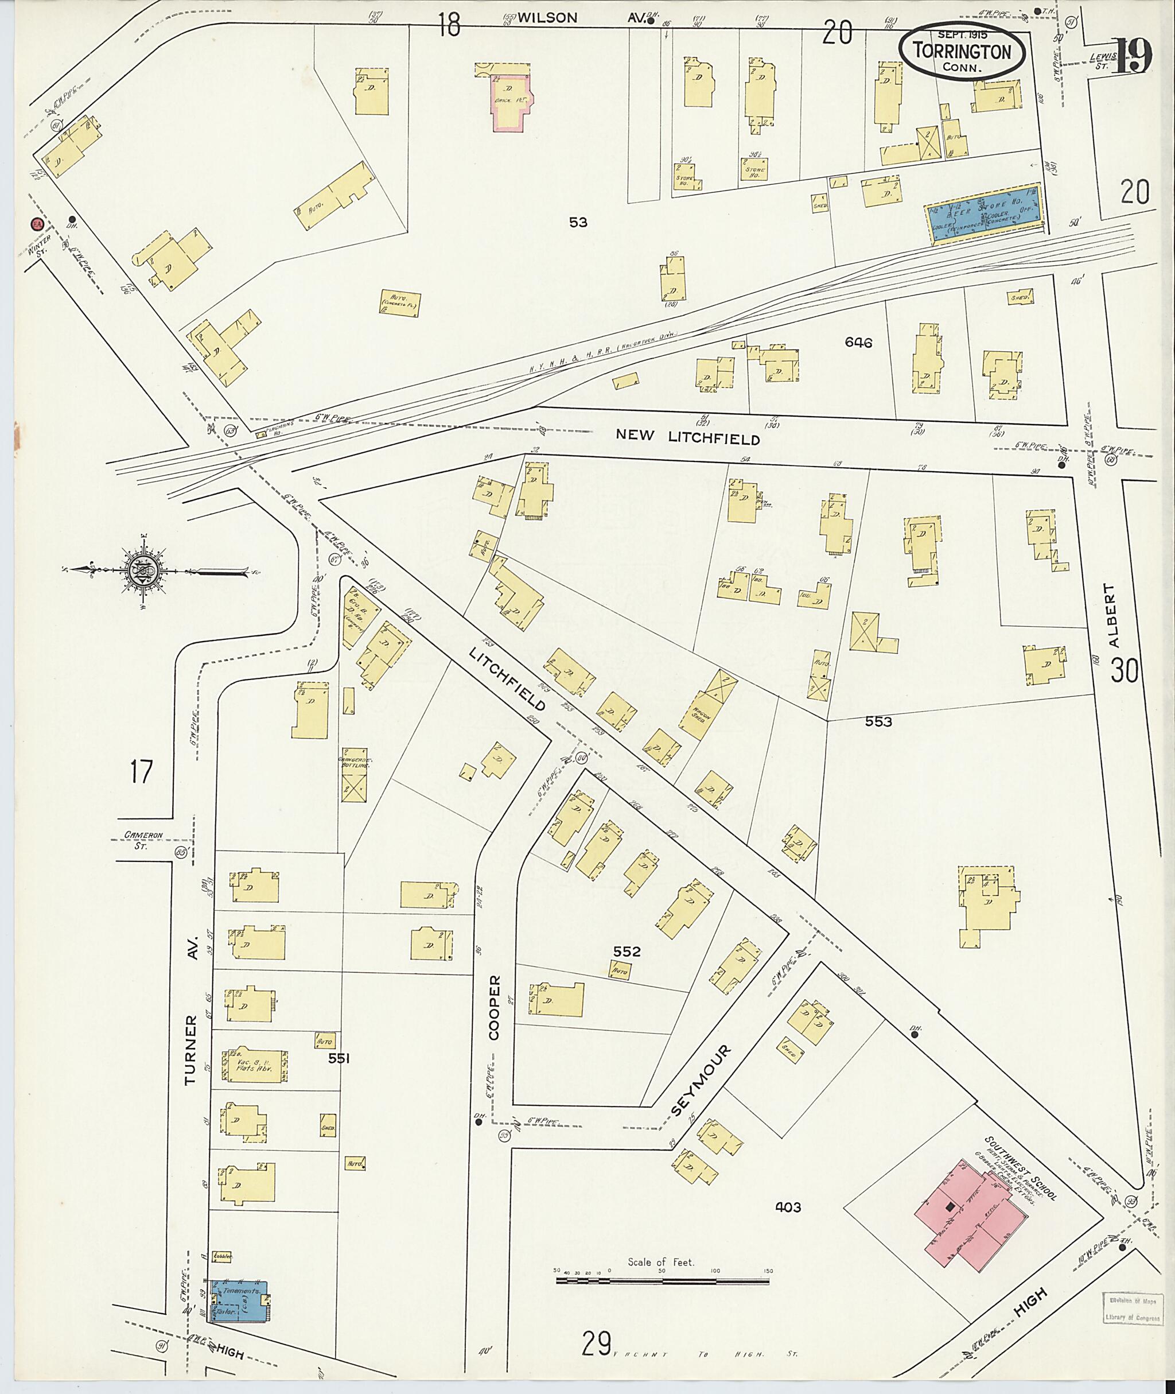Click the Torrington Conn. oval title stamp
point(963,51)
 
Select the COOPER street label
point(493,1016)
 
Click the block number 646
point(858,343)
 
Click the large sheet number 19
point(1132,57)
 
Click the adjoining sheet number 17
point(141,773)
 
